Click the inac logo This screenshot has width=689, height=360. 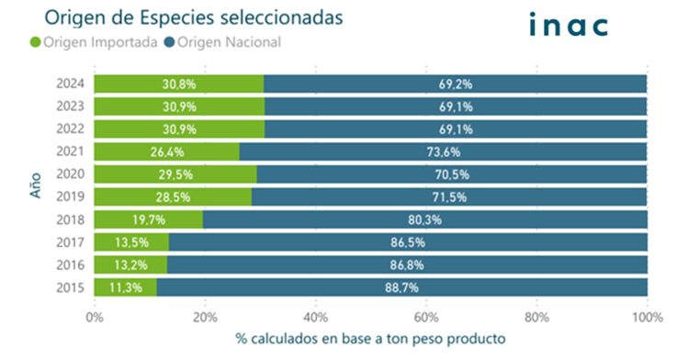tap(569, 25)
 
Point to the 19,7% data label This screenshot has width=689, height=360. tap(148, 219)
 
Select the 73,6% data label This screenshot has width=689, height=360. tap(443, 152)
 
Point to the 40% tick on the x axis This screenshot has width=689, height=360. tap(315, 317)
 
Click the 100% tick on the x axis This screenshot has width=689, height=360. tap(646, 317)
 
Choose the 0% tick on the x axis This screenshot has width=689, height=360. tap(94, 317)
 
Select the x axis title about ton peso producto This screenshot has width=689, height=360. tap(369, 338)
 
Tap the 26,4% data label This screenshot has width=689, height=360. tap(166, 152)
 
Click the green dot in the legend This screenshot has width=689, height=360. tap(37, 42)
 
